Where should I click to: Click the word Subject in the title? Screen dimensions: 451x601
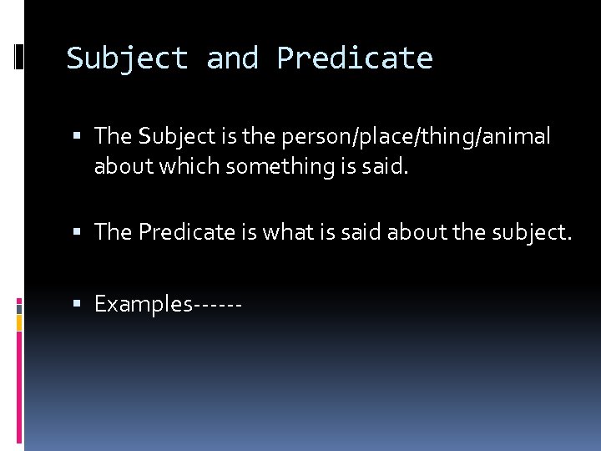pos(127,58)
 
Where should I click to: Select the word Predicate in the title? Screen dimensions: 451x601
pos(355,58)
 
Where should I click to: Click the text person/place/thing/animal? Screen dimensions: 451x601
pos(417,136)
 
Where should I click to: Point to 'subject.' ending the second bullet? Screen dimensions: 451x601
pos(533,232)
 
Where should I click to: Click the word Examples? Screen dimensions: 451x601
pos(143,304)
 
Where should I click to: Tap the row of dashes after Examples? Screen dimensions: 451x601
pos(217,305)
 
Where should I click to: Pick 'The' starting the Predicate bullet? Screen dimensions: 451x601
pos(114,232)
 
